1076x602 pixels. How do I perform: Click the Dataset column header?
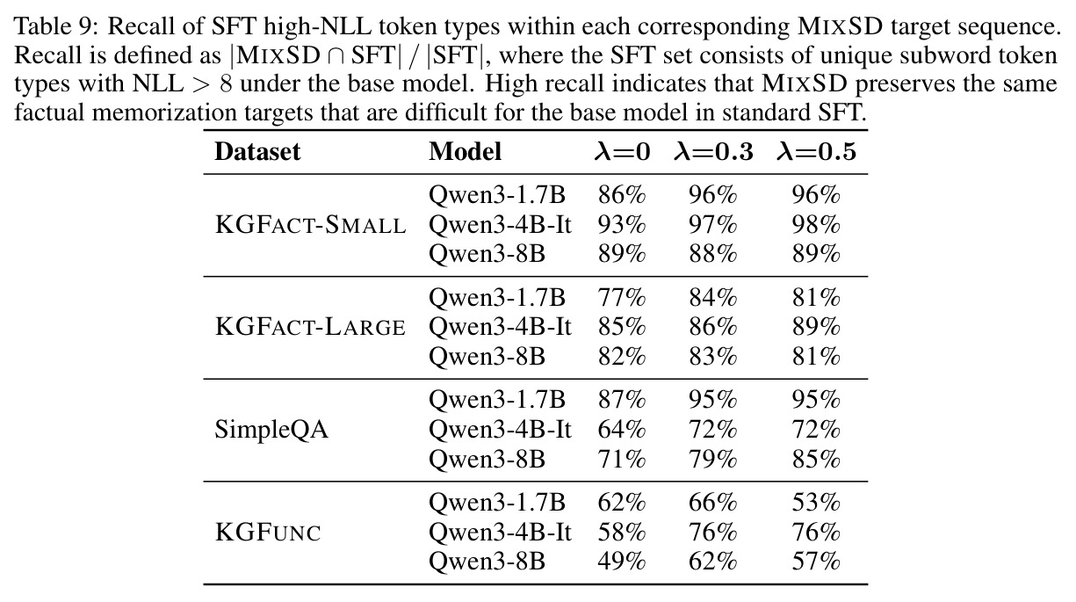click(x=257, y=152)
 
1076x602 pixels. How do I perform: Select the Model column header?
click(x=465, y=152)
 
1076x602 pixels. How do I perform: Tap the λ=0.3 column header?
click(x=713, y=152)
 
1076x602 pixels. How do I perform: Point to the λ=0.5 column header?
click(x=816, y=152)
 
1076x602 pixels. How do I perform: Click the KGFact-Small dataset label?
click(x=310, y=225)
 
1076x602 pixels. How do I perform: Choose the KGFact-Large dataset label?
click(x=310, y=327)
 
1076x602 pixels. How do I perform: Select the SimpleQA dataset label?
click(x=271, y=430)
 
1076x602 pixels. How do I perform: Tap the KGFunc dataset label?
click(x=268, y=533)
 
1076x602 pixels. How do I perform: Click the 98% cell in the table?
click(x=816, y=225)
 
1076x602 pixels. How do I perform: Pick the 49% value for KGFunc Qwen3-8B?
click(x=622, y=562)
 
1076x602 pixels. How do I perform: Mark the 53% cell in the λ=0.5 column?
click(x=816, y=503)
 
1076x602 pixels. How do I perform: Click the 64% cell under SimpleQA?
click(x=622, y=430)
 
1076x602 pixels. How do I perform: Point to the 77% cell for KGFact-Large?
click(x=622, y=298)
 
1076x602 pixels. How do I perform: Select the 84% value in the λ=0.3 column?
click(x=713, y=298)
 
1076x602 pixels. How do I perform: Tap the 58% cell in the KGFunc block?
click(x=622, y=533)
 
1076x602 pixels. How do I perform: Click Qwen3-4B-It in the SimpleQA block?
click(x=500, y=430)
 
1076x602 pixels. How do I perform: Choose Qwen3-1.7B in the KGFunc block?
click(x=497, y=503)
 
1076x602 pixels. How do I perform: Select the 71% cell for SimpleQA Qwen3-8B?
click(x=622, y=460)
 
